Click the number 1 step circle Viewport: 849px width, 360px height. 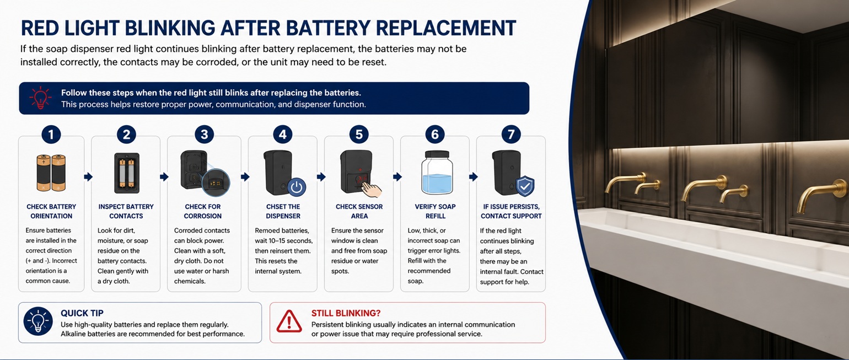tap(51, 134)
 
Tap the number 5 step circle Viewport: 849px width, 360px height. tap(359, 134)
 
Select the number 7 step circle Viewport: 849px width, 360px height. tap(511, 134)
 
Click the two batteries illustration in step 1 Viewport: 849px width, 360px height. tap(51, 173)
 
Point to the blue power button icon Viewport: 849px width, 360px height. tap(297, 187)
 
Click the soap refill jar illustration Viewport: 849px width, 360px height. tap(437, 173)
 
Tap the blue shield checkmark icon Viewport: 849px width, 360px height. tap(525, 186)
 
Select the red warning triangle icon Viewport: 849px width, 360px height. tap(289, 321)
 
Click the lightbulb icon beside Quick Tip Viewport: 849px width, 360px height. tap(38, 321)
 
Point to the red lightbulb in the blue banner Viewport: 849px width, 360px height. tap(40, 98)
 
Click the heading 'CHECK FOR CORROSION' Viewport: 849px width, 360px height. tap(203, 212)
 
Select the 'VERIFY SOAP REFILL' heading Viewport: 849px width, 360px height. tap(435, 212)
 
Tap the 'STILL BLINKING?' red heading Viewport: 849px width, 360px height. tap(346, 313)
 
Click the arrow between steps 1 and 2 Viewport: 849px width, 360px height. tap(88, 176)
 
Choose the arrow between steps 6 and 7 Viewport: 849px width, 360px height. tap(474, 176)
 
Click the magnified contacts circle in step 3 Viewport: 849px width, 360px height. tap(216, 182)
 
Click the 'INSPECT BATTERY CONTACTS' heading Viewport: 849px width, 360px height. tap(126, 212)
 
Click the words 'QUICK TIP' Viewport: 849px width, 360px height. tap(82, 313)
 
